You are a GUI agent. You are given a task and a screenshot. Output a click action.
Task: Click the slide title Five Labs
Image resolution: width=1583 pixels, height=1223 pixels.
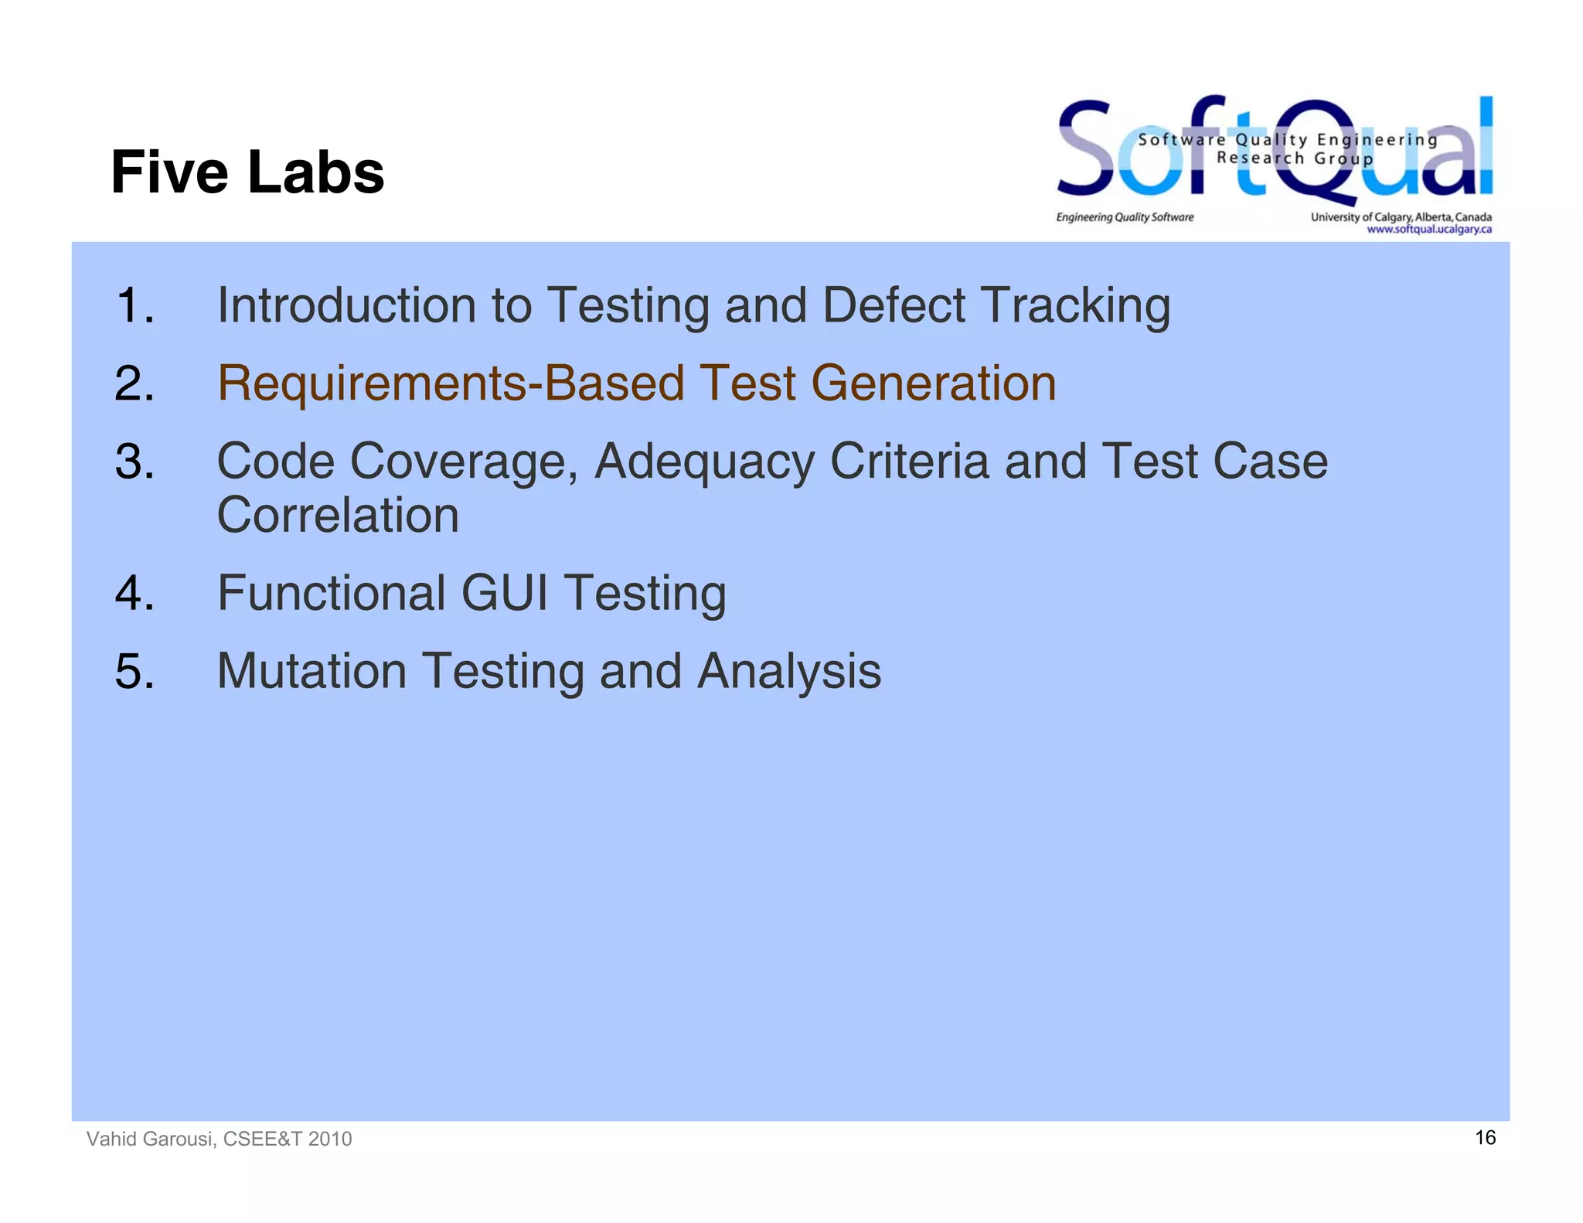(247, 172)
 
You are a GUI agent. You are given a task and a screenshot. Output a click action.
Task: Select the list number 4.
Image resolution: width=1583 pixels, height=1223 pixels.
(134, 593)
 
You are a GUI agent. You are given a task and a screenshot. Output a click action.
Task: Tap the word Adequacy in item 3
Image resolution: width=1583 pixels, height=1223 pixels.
(704, 462)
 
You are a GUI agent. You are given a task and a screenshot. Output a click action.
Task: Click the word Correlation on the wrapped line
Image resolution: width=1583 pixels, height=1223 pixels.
(338, 515)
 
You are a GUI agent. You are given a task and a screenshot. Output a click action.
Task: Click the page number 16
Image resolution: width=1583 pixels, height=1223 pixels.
(1485, 1137)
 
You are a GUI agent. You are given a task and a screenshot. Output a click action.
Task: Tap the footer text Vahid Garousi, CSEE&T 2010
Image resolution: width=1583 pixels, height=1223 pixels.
(219, 1139)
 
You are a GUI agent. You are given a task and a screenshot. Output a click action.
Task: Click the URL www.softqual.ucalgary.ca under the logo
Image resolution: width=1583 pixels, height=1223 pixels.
(1428, 229)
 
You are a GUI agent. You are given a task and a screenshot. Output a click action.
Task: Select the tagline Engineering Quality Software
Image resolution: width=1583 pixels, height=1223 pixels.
(1125, 217)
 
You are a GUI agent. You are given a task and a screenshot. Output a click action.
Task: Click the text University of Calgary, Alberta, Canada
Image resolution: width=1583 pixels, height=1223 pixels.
(1401, 217)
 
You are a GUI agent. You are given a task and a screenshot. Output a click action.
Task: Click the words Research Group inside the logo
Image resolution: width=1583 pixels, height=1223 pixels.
(1295, 158)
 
